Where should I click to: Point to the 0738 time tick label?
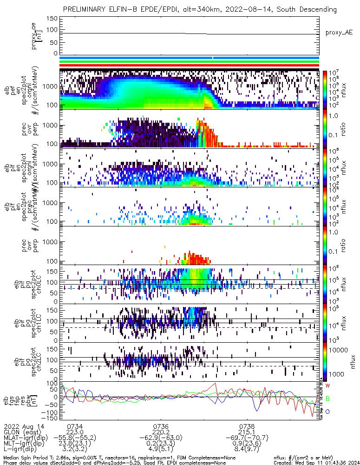coord(247,426)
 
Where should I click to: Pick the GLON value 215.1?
coord(247,432)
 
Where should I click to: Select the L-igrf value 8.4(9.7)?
coord(247,450)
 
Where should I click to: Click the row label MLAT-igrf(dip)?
coord(26,438)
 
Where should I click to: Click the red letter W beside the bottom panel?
coord(327,386)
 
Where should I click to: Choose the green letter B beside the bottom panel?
coord(327,399)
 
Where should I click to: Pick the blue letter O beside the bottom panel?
coord(327,411)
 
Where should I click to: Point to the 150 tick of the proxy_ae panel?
coord(52,19)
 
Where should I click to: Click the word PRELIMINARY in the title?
coord(85,9)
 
